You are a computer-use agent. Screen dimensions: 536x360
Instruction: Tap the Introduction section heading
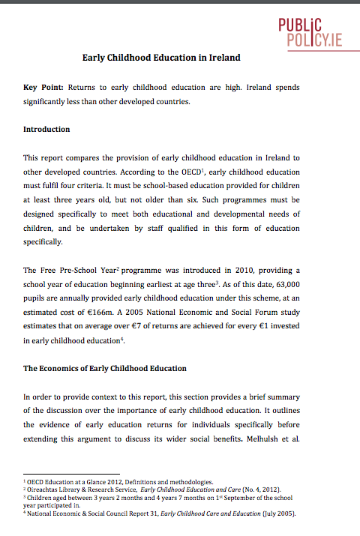tap(46, 129)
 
